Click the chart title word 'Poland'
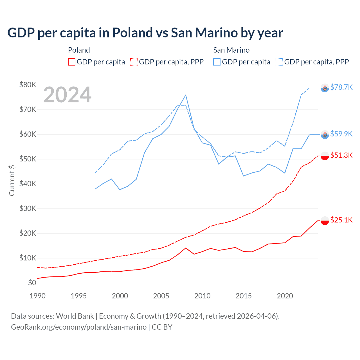[x=132, y=33]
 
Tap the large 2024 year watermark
[x=67, y=95]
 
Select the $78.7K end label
[x=341, y=87]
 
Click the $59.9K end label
[x=341, y=134]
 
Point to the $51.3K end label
[x=341, y=155]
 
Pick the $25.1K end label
[x=341, y=220]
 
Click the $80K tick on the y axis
[x=28, y=85]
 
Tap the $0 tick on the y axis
[x=32, y=283]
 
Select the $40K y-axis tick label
[x=28, y=184]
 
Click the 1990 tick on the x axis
[x=37, y=296]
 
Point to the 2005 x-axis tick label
[x=161, y=296]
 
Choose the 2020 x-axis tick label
[x=285, y=296]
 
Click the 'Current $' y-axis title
[x=12, y=180]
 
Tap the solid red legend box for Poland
[x=72, y=62]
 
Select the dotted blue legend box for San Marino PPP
[x=279, y=62]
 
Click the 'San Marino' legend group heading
[x=231, y=50]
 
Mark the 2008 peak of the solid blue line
[x=186, y=95]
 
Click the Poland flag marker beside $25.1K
[x=325, y=220]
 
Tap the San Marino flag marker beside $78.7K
[x=325, y=88]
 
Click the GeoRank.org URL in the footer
[x=79, y=327]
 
